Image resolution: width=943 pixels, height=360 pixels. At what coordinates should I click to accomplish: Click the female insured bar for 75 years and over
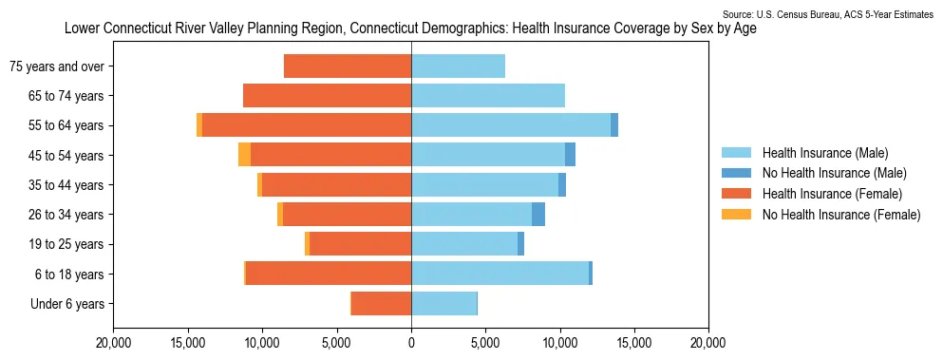[x=348, y=66]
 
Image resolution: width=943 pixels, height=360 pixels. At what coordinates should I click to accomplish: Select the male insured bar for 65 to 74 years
[x=488, y=96]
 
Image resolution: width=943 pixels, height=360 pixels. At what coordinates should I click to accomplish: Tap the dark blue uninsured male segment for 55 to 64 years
[x=614, y=125]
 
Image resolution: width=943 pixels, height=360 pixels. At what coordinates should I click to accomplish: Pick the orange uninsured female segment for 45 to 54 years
[x=244, y=155]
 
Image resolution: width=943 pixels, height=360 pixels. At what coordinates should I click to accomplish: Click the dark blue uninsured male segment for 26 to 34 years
[x=538, y=215]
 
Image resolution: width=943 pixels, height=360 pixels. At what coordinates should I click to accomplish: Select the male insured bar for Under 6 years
[x=443, y=303]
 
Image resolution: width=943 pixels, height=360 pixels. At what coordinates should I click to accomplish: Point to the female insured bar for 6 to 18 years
[x=329, y=274]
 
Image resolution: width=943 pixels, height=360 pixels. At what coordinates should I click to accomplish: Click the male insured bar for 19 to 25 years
[x=464, y=244]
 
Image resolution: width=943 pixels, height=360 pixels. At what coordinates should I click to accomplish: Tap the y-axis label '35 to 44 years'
[x=66, y=185]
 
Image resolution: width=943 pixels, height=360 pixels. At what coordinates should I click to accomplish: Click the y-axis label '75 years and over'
[x=57, y=66]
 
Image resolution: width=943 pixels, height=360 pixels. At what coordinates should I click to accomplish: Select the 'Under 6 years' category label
[x=67, y=304]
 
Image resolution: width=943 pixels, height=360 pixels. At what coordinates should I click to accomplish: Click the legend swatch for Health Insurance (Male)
[x=736, y=153]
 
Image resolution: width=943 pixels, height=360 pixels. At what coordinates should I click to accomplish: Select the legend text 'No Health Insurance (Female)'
[x=841, y=215]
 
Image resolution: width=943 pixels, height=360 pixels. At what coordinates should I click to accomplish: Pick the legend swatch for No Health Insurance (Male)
[x=736, y=174]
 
